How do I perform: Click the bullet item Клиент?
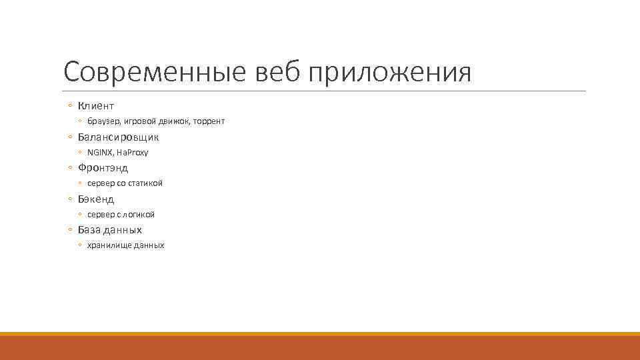tap(96, 106)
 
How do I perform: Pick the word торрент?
tap(209, 121)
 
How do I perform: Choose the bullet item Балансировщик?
tap(118, 137)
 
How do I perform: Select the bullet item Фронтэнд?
tap(103, 168)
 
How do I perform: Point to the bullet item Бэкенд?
tap(96, 199)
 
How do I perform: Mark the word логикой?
tap(139, 215)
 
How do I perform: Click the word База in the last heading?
tap(89, 230)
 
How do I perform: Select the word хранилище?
tap(109, 245)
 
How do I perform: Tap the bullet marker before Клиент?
tap(70, 106)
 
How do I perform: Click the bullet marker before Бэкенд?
tap(70, 199)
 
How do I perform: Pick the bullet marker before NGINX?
tap(80, 153)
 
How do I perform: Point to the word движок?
tap(174, 121)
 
